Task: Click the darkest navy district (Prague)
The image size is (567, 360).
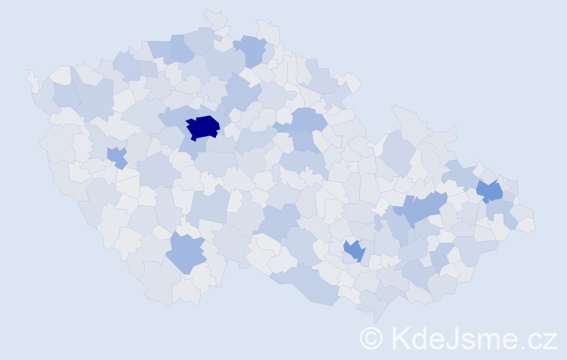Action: coord(203,127)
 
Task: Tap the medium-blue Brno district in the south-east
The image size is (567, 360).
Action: coord(355,251)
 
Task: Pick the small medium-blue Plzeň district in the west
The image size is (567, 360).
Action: coord(116,156)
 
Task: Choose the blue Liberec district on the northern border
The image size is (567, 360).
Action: coord(251,50)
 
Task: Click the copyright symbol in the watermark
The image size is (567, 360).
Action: coord(372,338)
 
